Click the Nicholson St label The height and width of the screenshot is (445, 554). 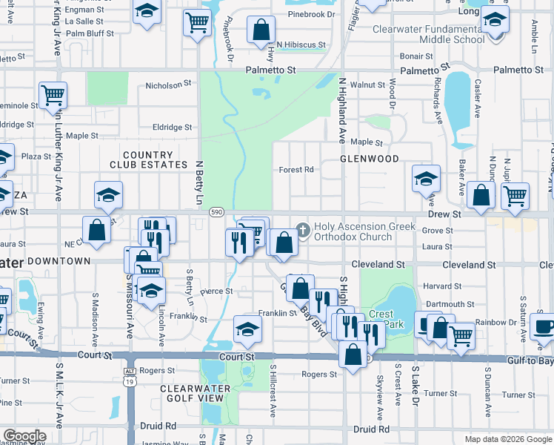point(168,85)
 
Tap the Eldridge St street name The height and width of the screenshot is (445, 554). point(173,128)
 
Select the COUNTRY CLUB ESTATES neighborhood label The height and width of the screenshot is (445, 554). point(141,159)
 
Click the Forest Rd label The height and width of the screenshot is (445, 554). point(296,170)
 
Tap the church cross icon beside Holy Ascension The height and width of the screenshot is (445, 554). point(302,228)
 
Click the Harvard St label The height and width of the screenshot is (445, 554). point(437,286)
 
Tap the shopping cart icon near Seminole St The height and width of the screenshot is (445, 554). point(53,95)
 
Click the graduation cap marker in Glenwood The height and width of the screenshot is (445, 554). point(427,179)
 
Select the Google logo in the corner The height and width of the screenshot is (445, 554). point(24,436)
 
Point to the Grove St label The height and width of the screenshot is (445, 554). point(437,231)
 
